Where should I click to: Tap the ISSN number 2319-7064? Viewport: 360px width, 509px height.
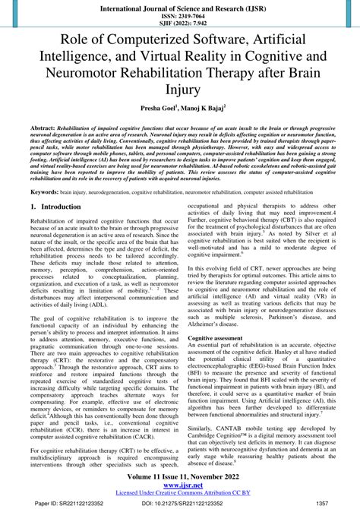point(180,14)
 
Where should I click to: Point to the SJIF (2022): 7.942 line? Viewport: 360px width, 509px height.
point(180,23)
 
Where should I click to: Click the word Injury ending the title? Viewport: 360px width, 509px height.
point(180,90)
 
